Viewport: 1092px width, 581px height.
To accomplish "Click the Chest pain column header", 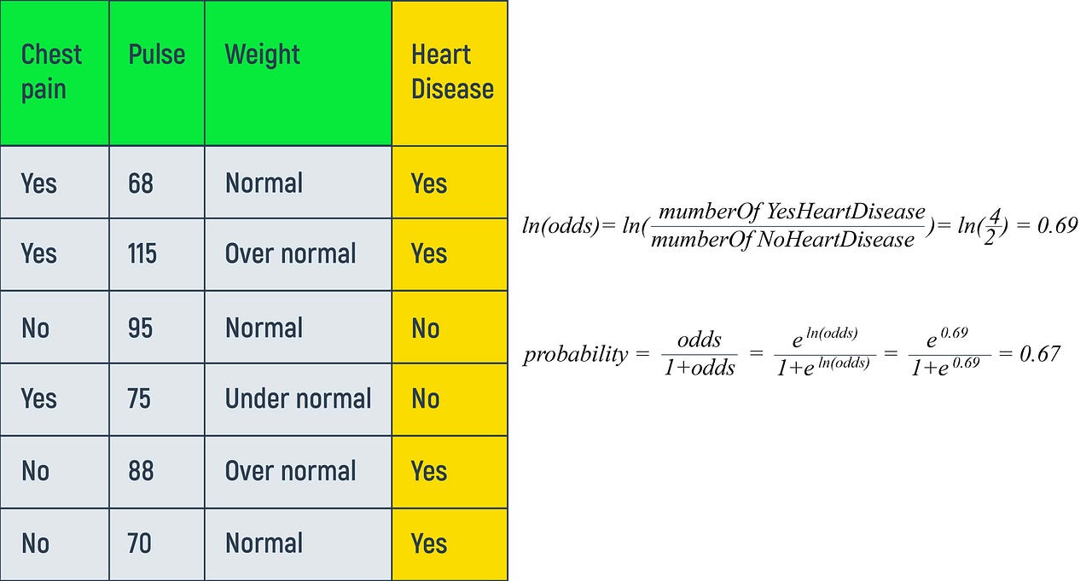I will (51, 71).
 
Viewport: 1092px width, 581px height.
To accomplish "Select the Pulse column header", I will (156, 55).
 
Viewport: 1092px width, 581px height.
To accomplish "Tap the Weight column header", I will (262, 55).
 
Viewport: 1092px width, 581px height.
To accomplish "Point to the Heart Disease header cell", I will (451, 72).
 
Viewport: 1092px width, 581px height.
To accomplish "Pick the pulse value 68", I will (141, 183).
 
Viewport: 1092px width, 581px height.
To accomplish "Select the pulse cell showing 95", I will (141, 328).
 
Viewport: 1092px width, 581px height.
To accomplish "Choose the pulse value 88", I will (141, 471).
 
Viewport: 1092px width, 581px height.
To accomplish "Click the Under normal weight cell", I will (298, 398).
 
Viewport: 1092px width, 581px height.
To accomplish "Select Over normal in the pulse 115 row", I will (290, 253).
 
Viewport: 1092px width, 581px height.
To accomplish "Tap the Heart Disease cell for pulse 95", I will (425, 328).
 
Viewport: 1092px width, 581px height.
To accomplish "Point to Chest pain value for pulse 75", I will (38, 398).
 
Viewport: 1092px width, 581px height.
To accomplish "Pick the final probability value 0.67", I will (1040, 352).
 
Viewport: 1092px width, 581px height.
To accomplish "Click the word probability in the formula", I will (575, 354).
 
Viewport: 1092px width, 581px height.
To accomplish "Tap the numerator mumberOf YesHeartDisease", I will (792, 212).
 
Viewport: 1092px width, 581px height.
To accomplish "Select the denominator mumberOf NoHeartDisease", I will (782, 240).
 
